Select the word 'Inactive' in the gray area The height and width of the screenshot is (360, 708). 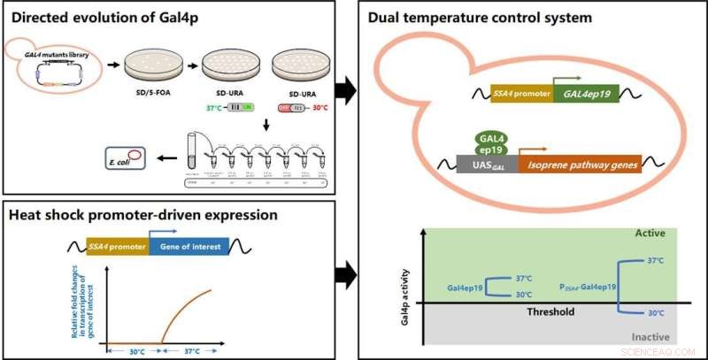pos(657,336)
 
